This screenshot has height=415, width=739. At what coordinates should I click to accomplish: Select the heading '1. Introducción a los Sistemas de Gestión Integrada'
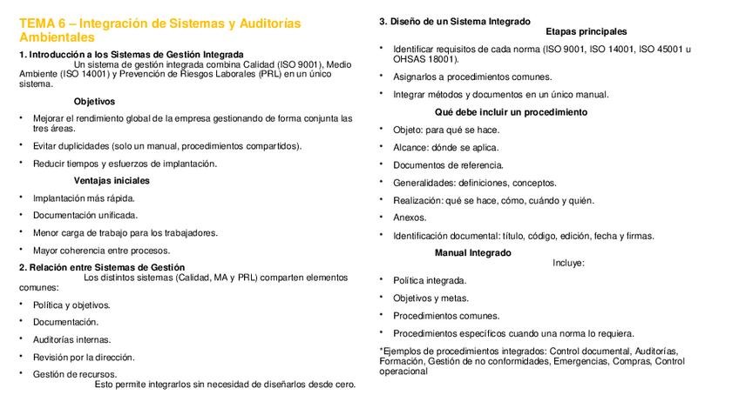click(132, 54)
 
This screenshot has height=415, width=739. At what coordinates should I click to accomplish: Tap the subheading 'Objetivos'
click(94, 101)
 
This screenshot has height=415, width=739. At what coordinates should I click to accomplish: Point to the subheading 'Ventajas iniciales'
click(112, 180)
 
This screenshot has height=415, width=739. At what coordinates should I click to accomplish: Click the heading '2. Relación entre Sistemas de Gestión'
click(102, 267)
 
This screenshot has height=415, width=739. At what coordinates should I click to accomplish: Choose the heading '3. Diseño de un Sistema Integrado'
click(454, 21)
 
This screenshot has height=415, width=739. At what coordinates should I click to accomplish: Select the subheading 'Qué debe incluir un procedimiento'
click(511, 112)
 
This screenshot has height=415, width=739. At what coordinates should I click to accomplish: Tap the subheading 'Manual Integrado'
click(473, 252)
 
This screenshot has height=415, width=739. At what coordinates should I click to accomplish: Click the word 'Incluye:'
click(568, 263)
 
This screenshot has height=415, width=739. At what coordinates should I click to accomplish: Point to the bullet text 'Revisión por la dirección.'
click(84, 357)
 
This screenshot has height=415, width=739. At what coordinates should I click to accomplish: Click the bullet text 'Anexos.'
click(410, 218)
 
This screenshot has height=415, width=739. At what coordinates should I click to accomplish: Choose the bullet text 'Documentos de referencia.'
click(448, 164)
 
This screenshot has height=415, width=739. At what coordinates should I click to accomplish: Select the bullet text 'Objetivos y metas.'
click(431, 298)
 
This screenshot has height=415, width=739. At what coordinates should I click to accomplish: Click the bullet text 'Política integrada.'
click(430, 280)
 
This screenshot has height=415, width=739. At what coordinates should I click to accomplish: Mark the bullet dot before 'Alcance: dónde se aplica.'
click(382, 146)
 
